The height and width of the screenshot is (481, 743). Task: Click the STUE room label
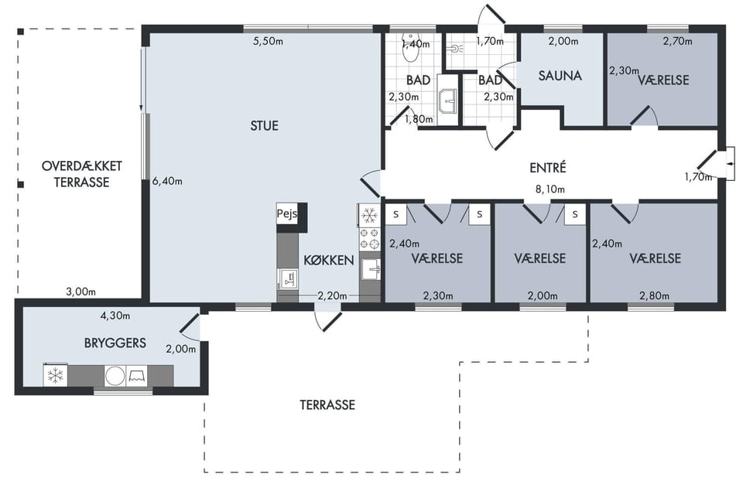point(265,125)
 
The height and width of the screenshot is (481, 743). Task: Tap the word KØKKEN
point(329,260)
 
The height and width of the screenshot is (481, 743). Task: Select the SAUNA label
point(560,75)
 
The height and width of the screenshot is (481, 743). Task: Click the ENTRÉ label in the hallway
point(548,168)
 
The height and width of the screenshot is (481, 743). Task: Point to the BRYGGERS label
point(115,343)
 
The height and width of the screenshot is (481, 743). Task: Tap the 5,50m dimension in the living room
point(269,41)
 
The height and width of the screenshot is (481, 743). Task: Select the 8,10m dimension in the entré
point(550,189)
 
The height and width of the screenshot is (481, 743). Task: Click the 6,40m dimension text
point(167,181)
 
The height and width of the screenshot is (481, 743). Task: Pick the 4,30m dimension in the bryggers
point(115,316)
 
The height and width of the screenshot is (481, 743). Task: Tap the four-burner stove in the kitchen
point(370,238)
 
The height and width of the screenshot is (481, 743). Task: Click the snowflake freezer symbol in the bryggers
point(56,377)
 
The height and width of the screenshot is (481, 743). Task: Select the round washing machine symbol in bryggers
point(115,377)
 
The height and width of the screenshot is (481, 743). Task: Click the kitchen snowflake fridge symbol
point(369,216)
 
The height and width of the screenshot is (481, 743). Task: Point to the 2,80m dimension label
point(655,296)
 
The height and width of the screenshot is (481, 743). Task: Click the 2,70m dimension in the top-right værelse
point(678,41)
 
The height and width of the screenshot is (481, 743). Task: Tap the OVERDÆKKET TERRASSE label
point(82,174)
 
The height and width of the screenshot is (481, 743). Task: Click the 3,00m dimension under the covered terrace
point(80,292)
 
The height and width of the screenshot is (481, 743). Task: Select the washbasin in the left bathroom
point(447,101)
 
